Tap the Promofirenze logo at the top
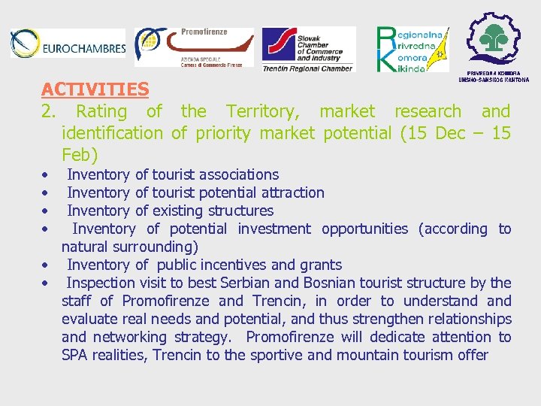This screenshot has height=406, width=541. [x=194, y=47]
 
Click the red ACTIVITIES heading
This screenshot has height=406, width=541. [x=95, y=89]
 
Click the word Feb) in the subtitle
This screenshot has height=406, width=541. [x=80, y=155]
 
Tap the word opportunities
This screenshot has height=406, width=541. [x=364, y=229]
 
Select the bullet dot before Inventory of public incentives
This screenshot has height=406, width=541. [x=46, y=265]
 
